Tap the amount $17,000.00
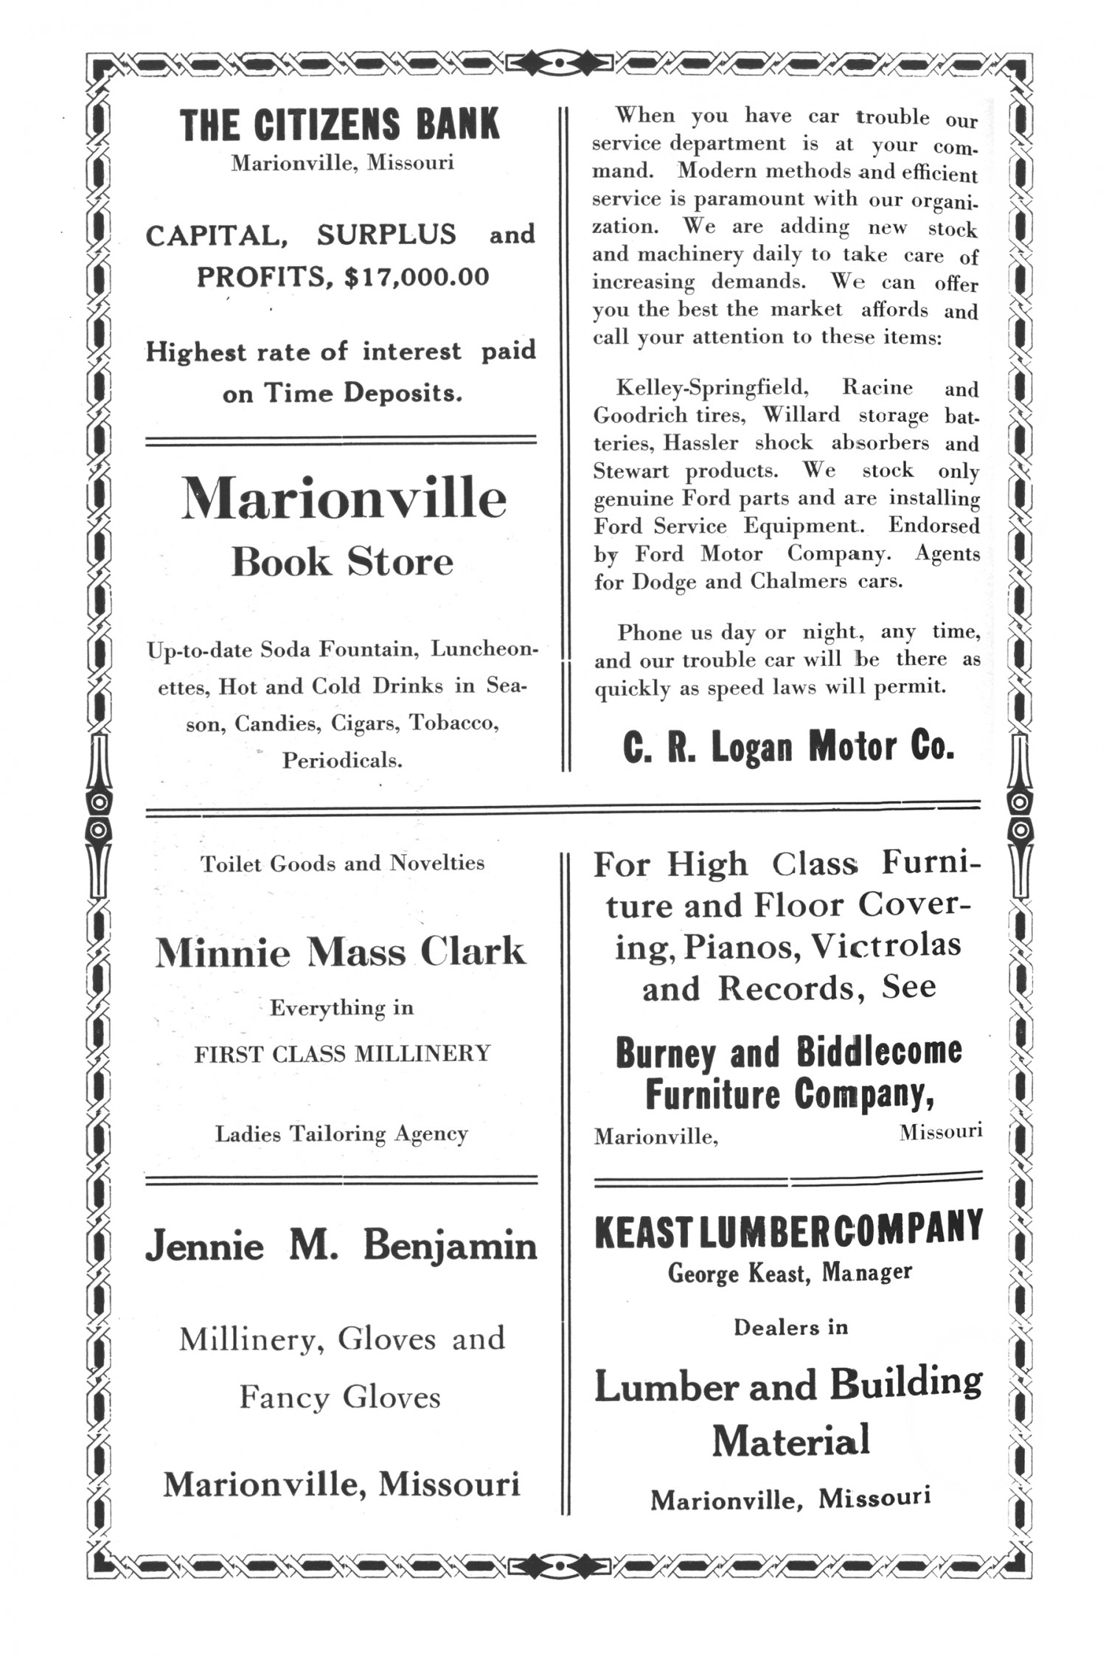[x=417, y=277]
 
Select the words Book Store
[x=342, y=562]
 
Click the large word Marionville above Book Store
[x=344, y=499]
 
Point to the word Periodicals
[x=342, y=760]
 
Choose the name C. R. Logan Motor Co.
[x=788, y=748]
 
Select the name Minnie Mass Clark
[x=341, y=953]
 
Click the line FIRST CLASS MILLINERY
[x=342, y=1054]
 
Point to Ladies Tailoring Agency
[x=341, y=1133]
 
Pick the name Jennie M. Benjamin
[x=341, y=1246]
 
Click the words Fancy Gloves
[x=340, y=1397]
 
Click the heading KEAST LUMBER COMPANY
[x=788, y=1229]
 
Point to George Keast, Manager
[x=790, y=1272]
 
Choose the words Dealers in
[x=790, y=1327]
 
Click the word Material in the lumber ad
[x=790, y=1440]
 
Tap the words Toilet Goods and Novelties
[x=342, y=863]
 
